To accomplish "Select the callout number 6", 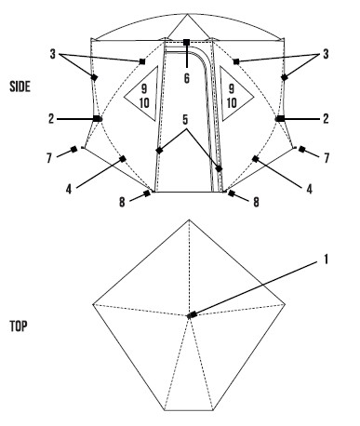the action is (186, 77).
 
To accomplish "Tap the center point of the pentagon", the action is (190, 315).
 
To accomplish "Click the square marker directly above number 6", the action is (186, 43).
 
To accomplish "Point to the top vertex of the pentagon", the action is (190, 221).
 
